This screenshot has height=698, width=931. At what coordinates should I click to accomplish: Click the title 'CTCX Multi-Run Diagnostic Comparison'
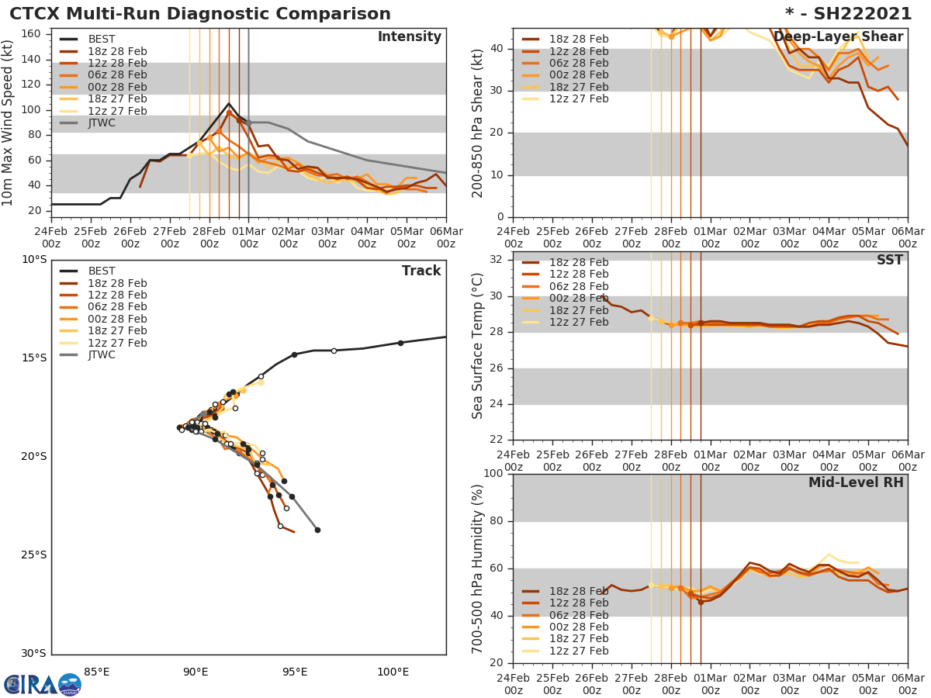(x=200, y=14)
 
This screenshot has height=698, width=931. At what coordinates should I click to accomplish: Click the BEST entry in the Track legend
(x=101, y=271)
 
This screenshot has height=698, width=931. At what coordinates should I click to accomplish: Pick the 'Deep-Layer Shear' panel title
(x=839, y=37)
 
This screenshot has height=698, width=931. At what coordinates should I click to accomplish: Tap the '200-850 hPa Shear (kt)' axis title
(x=479, y=123)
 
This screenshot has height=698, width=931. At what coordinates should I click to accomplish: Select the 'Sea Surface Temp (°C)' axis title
(x=479, y=346)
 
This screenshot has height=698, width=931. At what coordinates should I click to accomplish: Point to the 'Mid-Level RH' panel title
(x=856, y=482)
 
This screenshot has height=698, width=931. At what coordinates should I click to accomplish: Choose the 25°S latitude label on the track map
(x=34, y=555)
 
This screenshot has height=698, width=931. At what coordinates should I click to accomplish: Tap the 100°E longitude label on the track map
(x=393, y=672)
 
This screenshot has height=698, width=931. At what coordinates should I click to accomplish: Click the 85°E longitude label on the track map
(x=96, y=672)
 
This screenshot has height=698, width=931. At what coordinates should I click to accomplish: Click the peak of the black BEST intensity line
(x=229, y=103)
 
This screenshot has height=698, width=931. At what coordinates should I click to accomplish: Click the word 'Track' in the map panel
(x=421, y=271)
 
